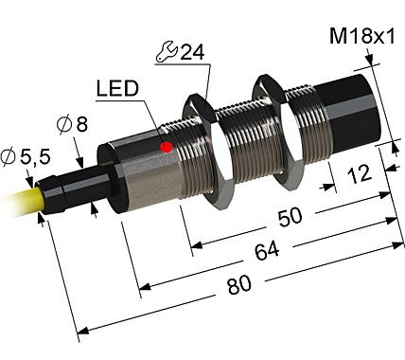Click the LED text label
(118, 90)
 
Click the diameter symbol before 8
(65, 124)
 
